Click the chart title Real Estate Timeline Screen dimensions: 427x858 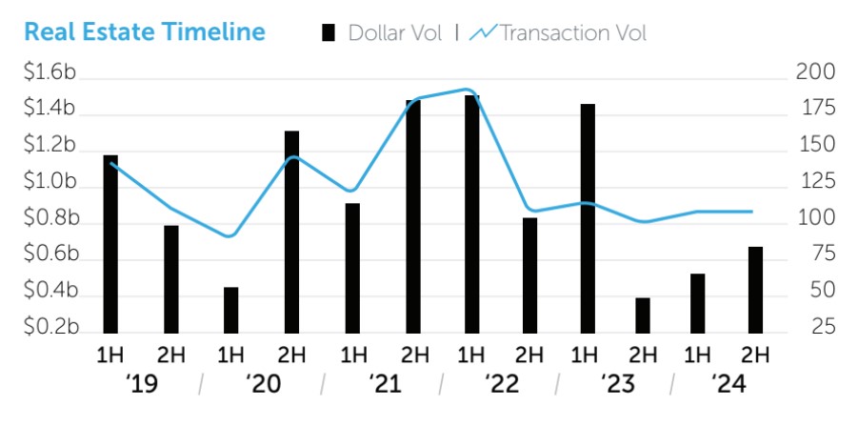coord(144,31)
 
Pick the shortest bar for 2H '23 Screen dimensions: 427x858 coord(643,315)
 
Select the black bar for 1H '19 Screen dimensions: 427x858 coord(110,243)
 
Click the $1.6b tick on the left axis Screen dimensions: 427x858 coord(50,72)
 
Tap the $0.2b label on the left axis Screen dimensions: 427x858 coord(50,328)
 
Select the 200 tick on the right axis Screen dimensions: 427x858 coord(815,72)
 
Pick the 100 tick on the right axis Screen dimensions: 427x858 coord(815,218)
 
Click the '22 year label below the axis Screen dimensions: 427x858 coord(499,384)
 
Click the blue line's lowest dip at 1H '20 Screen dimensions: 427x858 coord(229,235)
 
